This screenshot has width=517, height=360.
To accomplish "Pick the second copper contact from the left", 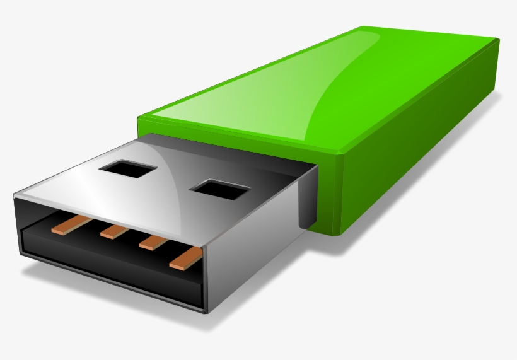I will click(x=115, y=231).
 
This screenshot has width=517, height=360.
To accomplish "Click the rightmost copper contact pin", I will click(x=186, y=257).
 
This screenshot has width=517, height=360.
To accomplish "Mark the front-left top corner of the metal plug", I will click(x=15, y=197).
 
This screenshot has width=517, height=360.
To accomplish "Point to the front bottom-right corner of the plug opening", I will click(x=203, y=311).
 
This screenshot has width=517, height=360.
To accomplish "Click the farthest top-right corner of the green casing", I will click(x=498, y=40).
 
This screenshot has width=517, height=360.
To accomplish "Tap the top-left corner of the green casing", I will click(x=139, y=117).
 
